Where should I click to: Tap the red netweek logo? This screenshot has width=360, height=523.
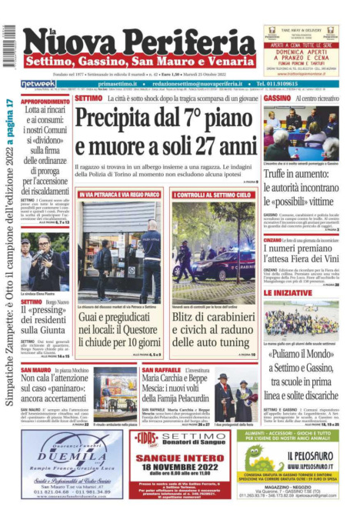click(38, 83)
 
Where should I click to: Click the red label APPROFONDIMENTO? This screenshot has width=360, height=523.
click(45, 101)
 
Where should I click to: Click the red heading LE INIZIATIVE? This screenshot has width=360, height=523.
click(287, 293)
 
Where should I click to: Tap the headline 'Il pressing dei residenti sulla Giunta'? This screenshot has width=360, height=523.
click(45, 315)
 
